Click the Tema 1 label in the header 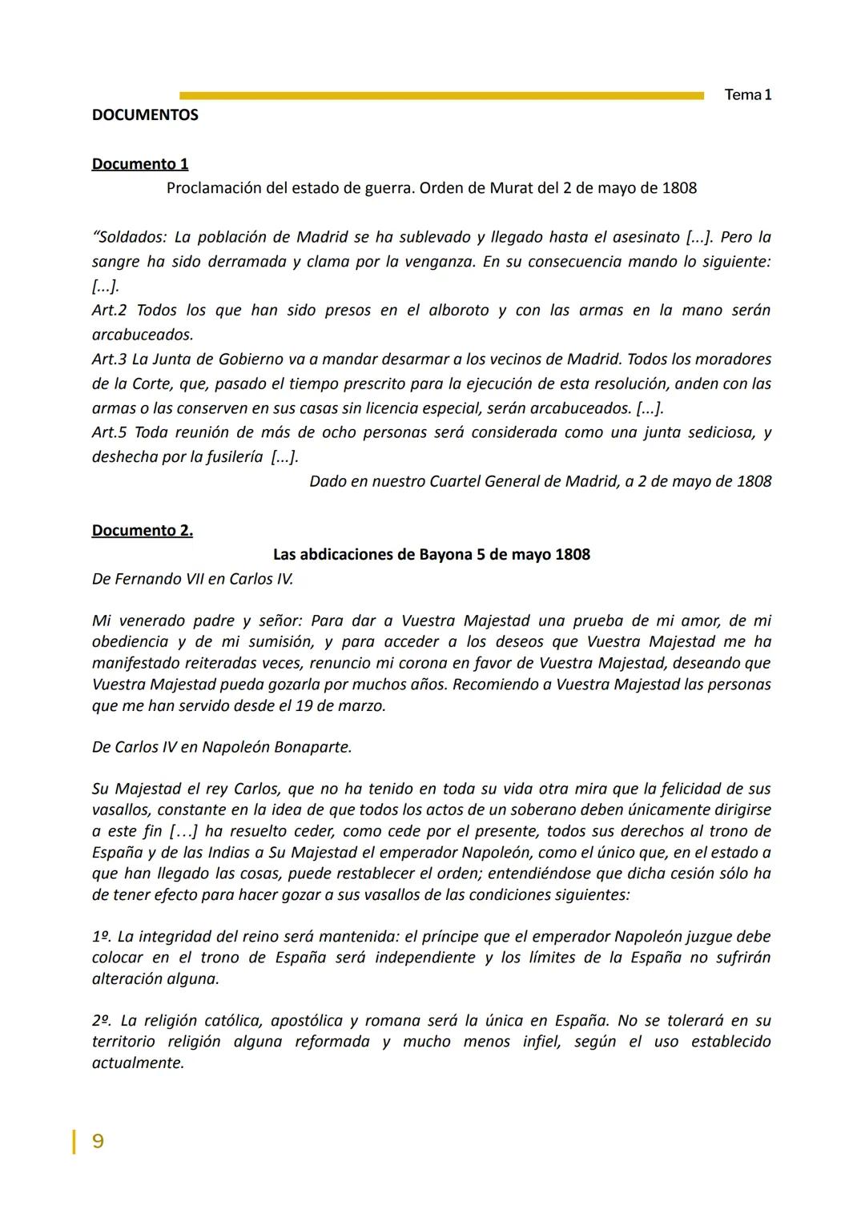747,94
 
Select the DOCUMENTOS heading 145,115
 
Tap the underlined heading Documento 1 140,164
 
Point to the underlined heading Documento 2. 143,531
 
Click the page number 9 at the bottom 98,1141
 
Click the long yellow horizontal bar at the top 441,96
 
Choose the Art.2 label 109,311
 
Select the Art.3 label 109,359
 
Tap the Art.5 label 109,432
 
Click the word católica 232,1021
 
